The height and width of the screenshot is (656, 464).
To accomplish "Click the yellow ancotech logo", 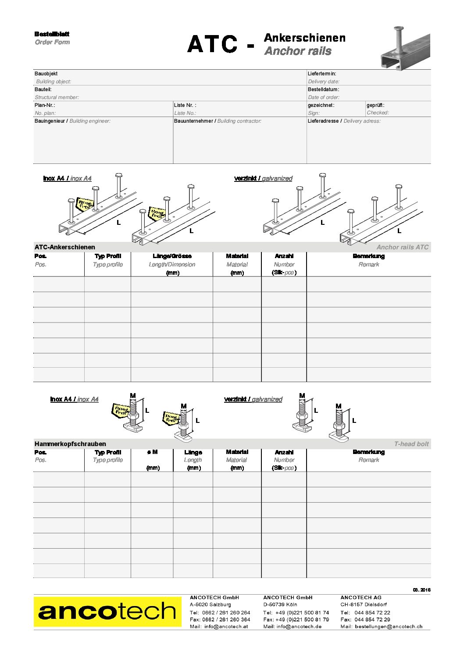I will click(x=107, y=611).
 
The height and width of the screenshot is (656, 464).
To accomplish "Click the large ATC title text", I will click(x=213, y=44).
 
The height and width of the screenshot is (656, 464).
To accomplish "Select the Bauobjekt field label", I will click(x=46, y=74).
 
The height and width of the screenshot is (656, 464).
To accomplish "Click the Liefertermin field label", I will click(x=322, y=74).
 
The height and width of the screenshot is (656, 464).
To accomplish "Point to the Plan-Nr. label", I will click(x=45, y=105).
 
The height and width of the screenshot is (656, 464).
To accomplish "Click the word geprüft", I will click(x=375, y=105).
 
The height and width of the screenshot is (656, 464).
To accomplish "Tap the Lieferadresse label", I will click(x=324, y=121).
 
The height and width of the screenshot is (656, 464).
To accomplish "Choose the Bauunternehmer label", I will click(x=193, y=121).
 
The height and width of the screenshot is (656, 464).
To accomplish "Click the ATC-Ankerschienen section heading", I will click(x=65, y=247).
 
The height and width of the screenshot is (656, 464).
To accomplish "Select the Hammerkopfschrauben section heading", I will click(x=70, y=444).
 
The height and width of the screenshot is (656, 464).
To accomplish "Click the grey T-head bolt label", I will click(x=411, y=444).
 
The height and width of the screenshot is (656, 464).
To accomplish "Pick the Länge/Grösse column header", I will click(x=172, y=256).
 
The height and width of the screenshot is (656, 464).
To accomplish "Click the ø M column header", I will click(x=152, y=452).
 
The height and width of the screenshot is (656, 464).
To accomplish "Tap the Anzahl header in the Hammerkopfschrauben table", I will click(x=284, y=452).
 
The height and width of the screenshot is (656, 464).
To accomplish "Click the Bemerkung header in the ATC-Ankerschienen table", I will click(x=368, y=256).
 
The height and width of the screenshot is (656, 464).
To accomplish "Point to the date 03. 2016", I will click(x=421, y=590).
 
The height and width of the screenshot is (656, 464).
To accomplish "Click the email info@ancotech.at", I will click(x=226, y=627).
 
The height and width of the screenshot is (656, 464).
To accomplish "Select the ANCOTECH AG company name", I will click(x=361, y=597).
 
